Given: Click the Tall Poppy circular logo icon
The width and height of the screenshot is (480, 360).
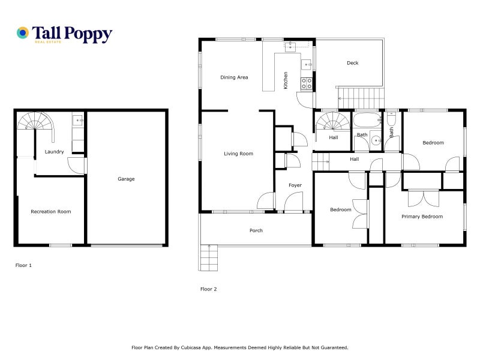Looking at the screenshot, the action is [23, 33].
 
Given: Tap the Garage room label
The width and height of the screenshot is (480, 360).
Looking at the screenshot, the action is [126, 179].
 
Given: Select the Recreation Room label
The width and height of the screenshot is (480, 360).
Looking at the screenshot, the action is [51, 212].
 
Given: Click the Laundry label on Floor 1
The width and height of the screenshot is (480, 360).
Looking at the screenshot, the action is [54, 152].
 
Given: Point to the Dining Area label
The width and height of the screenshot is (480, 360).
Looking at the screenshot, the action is [234, 77].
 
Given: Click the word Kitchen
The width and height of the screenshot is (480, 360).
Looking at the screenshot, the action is [286, 80].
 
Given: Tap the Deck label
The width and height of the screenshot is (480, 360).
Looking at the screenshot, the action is [353, 63].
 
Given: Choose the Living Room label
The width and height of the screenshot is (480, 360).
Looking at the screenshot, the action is [238, 154].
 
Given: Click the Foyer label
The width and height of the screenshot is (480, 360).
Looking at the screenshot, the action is [295, 185].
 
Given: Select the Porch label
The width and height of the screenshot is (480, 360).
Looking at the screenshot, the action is [256, 230].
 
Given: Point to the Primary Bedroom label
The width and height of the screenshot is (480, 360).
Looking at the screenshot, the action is [422, 217].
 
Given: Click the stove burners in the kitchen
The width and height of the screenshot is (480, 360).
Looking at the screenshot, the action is [307, 83].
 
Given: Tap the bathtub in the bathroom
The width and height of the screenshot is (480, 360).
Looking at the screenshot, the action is [367, 121].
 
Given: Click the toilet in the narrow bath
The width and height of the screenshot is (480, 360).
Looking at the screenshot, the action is [391, 119].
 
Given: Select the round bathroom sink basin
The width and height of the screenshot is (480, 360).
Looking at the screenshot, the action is [376, 141].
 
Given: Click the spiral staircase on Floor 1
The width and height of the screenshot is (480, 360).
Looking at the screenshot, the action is [36, 122].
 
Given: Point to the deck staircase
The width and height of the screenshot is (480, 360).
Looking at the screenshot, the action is [361, 98].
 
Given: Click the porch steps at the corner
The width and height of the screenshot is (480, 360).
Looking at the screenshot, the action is [209, 257].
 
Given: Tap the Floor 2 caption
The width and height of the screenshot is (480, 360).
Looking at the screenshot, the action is [208, 289].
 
